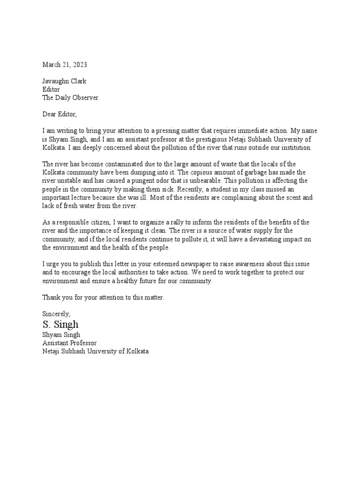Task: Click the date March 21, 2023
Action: [x=65, y=65]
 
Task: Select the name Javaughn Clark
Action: [x=64, y=81]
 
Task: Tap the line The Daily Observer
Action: [x=70, y=97]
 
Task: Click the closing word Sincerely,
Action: [x=56, y=314]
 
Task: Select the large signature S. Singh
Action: [x=60, y=324]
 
